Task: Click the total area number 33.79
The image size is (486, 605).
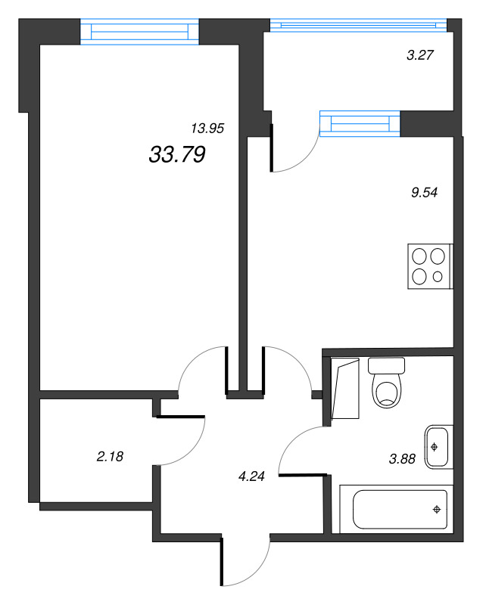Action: [x=178, y=155]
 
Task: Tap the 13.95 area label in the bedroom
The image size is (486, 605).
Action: [x=208, y=129]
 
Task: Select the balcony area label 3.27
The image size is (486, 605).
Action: [x=422, y=54]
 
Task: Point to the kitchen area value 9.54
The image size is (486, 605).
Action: [x=424, y=192]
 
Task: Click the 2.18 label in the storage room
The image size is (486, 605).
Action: [x=110, y=456]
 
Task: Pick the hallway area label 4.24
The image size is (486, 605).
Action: [x=251, y=476]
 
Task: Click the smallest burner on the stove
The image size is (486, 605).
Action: [x=438, y=277]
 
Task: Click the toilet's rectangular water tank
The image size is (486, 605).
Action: [x=387, y=365]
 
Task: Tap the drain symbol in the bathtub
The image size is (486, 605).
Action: [x=437, y=509]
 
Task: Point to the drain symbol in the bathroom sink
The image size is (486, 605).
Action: [x=435, y=446]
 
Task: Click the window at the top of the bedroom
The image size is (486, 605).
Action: [x=139, y=32]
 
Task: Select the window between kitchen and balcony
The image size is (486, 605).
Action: [x=360, y=123]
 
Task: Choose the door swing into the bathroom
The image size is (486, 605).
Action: [x=298, y=446]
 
